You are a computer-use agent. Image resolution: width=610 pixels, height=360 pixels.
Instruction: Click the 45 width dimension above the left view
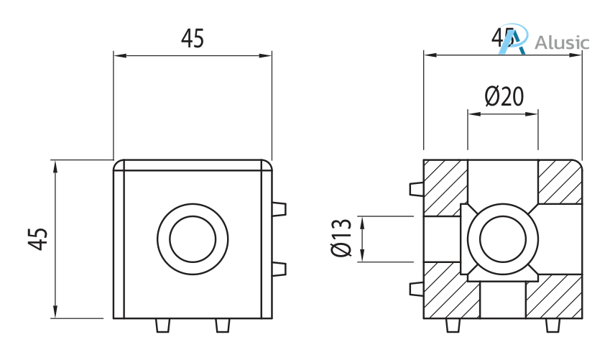click(192, 39)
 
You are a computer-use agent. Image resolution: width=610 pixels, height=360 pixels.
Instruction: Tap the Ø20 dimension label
click(503, 96)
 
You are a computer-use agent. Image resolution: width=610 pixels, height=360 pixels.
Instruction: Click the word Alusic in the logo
click(562, 42)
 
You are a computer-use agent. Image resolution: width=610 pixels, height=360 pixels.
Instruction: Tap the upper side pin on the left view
click(279, 209)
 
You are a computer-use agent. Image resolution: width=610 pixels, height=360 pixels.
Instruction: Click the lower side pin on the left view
click(279, 269)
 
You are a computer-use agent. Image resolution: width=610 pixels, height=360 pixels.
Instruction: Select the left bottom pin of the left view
click(163, 326)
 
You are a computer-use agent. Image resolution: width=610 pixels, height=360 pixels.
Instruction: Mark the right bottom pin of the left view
click(223, 326)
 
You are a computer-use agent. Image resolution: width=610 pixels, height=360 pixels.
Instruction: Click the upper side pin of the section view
click(415, 189)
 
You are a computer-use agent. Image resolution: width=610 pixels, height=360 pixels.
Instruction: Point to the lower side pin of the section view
click(415, 289)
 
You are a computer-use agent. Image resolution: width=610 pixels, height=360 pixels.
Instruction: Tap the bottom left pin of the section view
click(453, 326)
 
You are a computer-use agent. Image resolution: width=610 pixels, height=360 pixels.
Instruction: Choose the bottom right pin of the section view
click(552, 326)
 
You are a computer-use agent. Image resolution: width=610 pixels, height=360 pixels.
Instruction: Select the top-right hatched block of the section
click(560, 181)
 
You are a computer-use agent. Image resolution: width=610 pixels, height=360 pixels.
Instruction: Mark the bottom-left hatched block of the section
click(445, 291)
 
